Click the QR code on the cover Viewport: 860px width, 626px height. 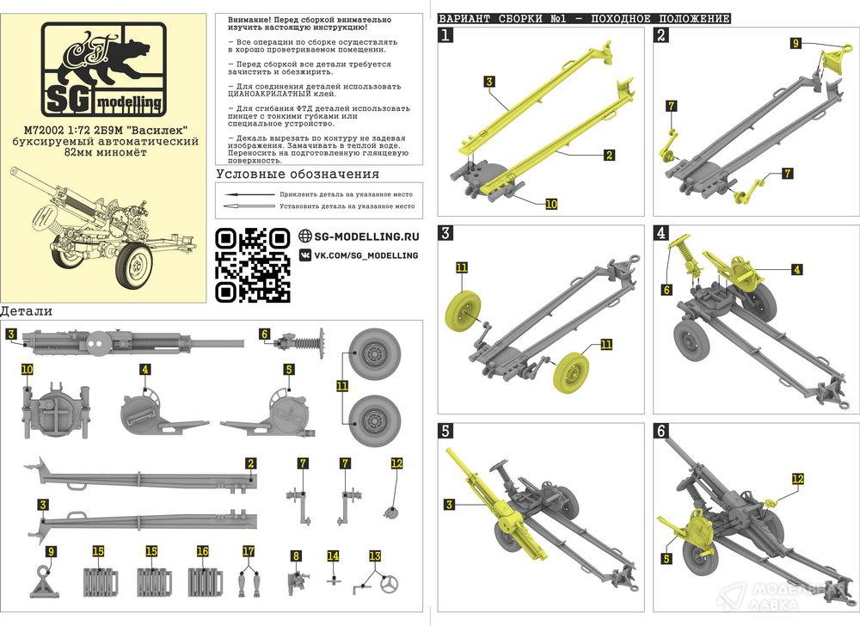click(252, 264)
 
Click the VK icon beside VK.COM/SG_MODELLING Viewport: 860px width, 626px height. click(305, 255)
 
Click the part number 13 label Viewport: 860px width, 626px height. click(374, 555)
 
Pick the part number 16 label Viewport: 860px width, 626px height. click(202, 551)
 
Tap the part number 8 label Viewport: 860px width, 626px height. click(296, 555)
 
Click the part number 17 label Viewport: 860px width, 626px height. click(249, 551)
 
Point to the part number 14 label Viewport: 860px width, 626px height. click(333, 555)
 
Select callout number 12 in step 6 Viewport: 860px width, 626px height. click(798, 479)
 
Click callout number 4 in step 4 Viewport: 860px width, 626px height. click(797, 269)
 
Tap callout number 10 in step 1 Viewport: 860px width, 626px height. click(551, 204)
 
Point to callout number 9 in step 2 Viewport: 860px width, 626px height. click(795, 42)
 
